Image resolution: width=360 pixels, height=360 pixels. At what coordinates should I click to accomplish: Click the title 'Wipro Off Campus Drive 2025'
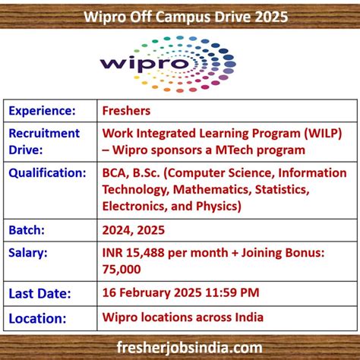pyautogui.click(x=180, y=15)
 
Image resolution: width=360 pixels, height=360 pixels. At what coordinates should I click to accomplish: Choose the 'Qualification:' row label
pyautogui.click(x=47, y=172)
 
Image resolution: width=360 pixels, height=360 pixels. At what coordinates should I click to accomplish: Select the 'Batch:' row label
pyautogui.click(x=29, y=229)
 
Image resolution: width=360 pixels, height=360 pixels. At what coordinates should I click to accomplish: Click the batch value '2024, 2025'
pyautogui.click(x=133, y=229)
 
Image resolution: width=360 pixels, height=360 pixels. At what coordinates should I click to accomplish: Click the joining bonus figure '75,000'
pyautogui.click(x=121, y=269)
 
